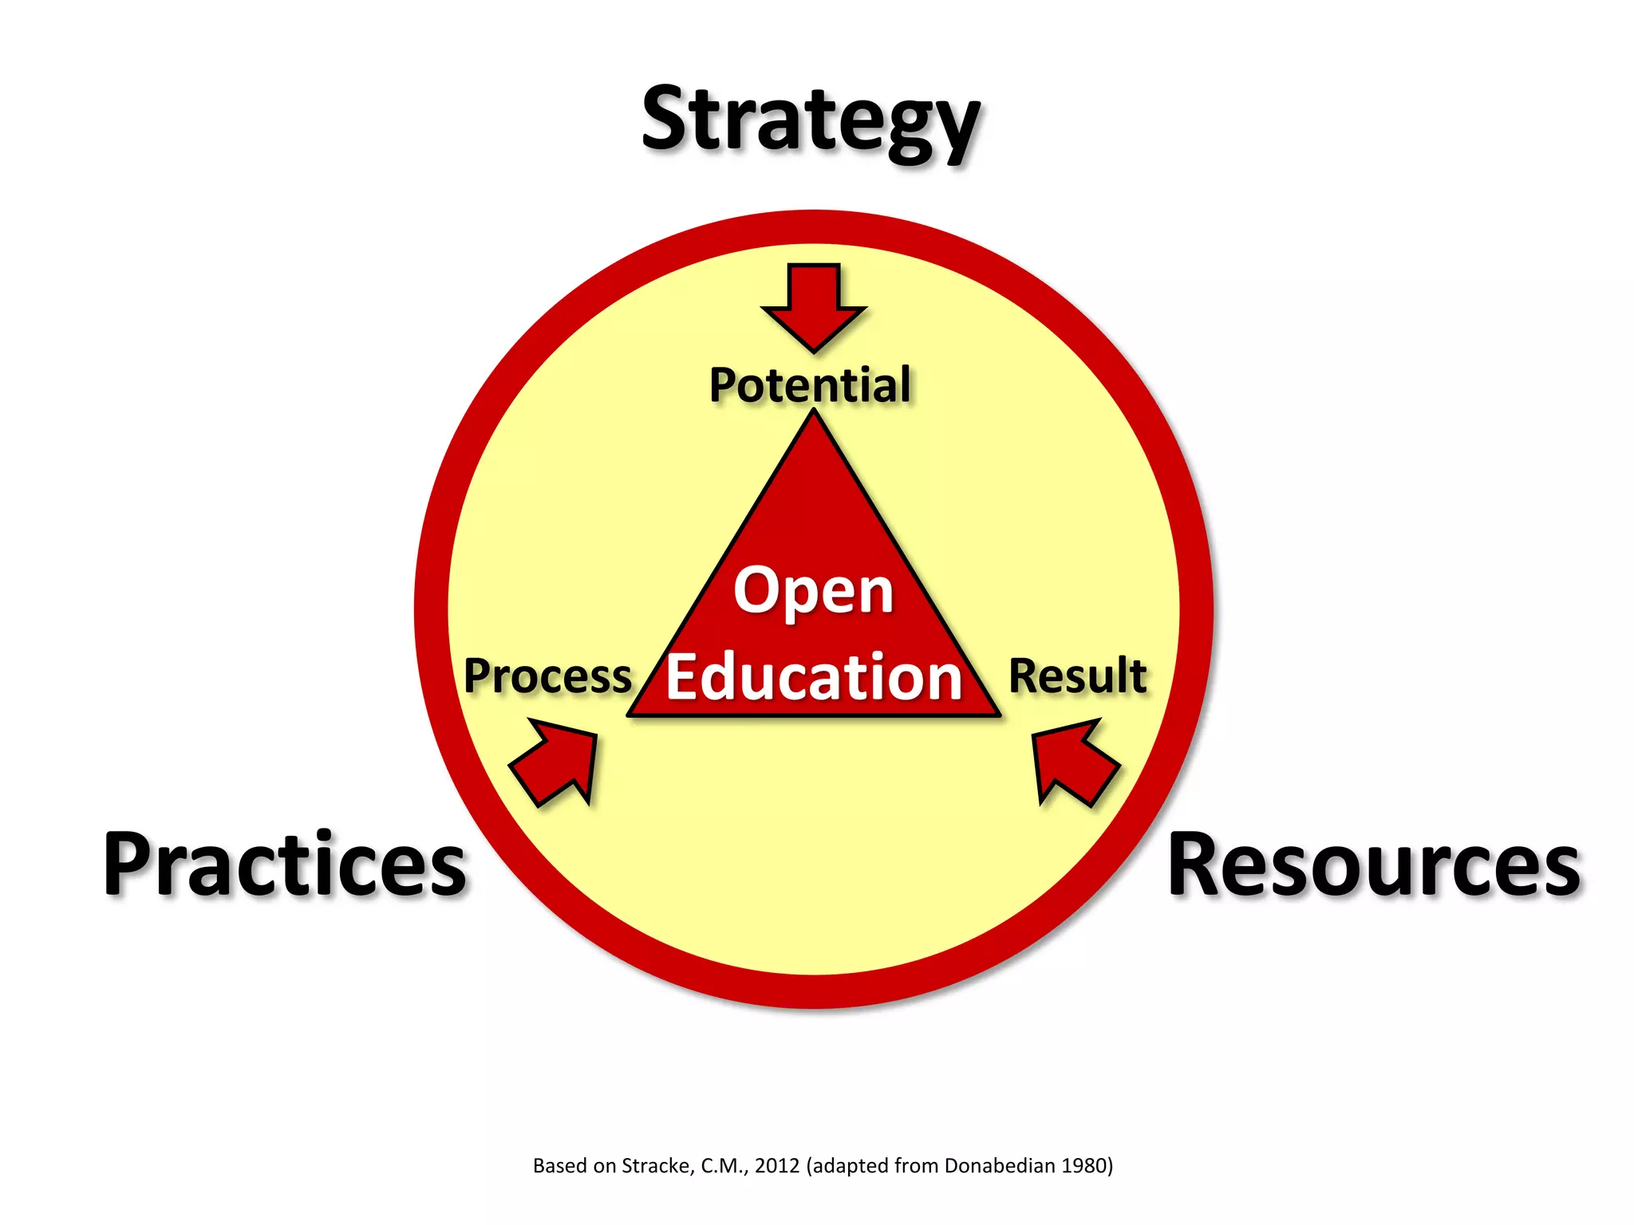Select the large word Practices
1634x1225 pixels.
tap(285, 865)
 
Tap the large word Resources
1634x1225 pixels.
tap(1373, 865)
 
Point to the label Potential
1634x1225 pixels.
tap(810, 385)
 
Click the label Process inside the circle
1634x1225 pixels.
tap(547, 676)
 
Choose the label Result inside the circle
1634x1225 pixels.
tap(1078, 676)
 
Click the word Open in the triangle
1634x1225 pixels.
tap(813, 591)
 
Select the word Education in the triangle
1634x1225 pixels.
tap(814, 678)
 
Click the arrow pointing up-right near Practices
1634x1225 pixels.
tap(557, 762)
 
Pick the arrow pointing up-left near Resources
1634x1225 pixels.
tap(1072, 762)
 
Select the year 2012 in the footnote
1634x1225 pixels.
tap(776, 1166)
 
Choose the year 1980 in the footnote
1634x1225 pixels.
tap(1085, 1166)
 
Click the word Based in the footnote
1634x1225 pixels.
tap(559, 1166)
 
